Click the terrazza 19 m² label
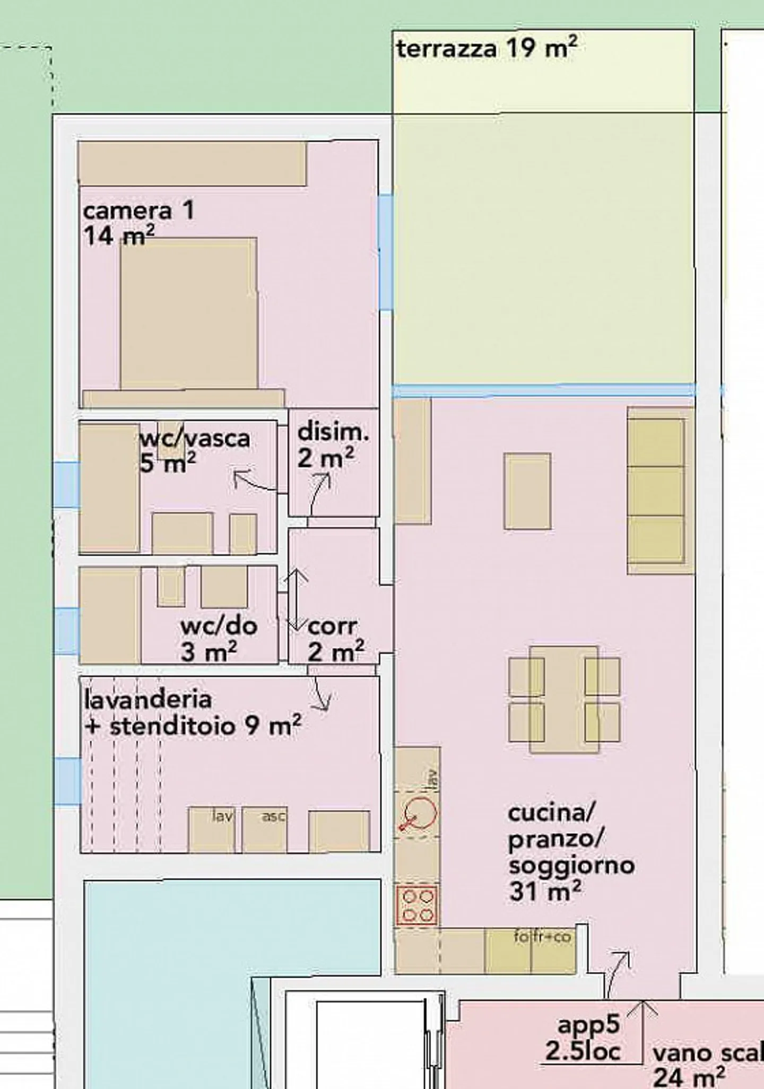485,49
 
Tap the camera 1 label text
138,211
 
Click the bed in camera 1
188,313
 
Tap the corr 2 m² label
334,639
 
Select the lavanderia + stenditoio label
192,712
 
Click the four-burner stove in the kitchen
417,905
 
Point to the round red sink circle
420,813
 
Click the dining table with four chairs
564,699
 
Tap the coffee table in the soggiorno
527,491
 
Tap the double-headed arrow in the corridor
297,599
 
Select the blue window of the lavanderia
67,781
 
